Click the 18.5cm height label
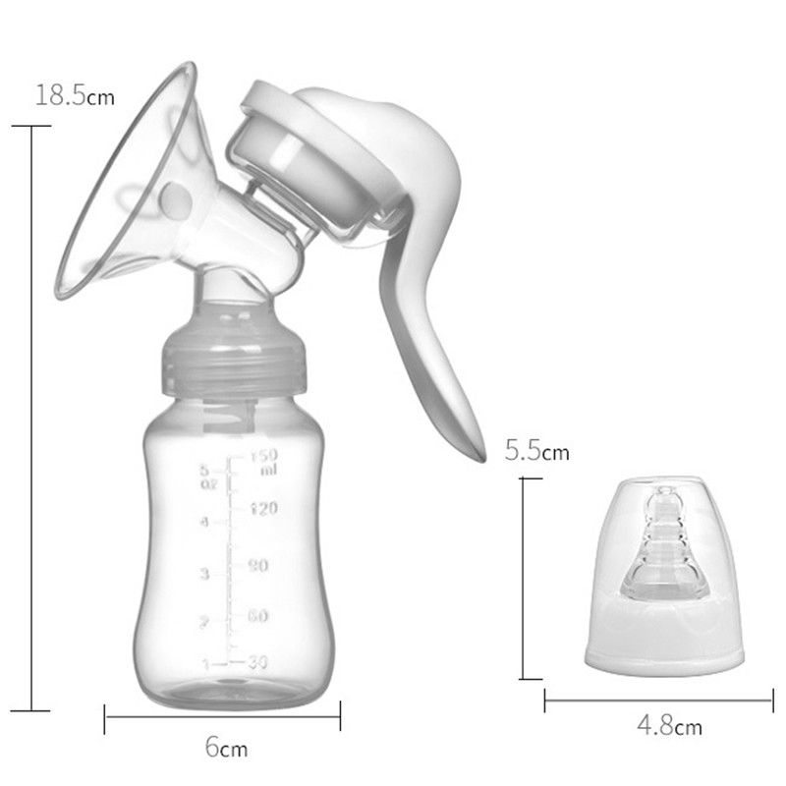point(75,95)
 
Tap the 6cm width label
point(226,748)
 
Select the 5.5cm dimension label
point(536,452)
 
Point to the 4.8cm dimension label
point(669,727)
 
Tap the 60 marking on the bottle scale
point(258,616)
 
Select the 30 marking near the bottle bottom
point(257,662)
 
